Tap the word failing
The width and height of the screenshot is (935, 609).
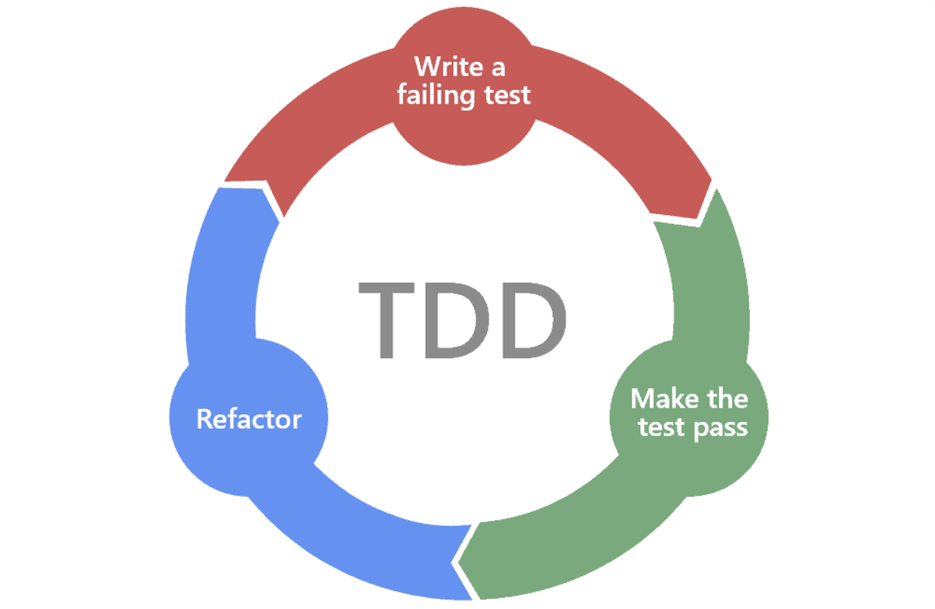[x=432, y=95]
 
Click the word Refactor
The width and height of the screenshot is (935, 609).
[x=248, y=418]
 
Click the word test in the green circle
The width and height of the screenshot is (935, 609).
[x=661, y=428]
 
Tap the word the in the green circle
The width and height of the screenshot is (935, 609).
[x=727, y=398]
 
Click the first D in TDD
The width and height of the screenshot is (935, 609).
[x=457, y=320]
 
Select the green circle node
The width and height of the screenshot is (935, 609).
[x=689, y=416]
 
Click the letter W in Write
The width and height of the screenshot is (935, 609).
[x=427, y=67]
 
